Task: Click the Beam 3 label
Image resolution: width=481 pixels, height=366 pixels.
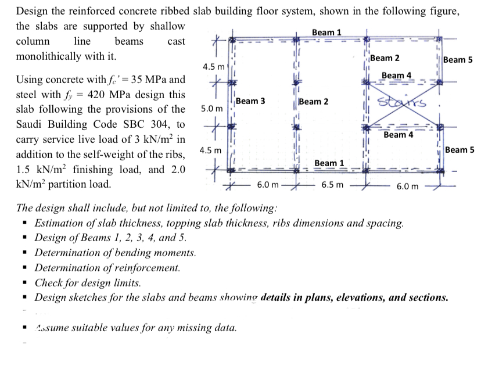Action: pyautogui.click(x=251, y=101)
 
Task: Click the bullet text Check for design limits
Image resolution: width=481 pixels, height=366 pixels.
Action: pyautogui.click(x=88, y=283)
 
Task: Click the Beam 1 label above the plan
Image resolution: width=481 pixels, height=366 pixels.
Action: pyautogui.click(x=326, y=31)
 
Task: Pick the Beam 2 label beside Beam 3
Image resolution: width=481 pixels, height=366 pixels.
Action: pyautogui.click(x=313, y=102)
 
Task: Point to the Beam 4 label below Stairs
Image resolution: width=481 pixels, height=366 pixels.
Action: pyautogui.click(x=399, y=135)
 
